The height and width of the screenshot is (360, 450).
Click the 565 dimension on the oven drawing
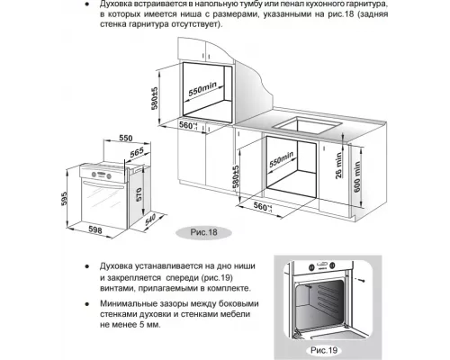(x=135, y=154)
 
